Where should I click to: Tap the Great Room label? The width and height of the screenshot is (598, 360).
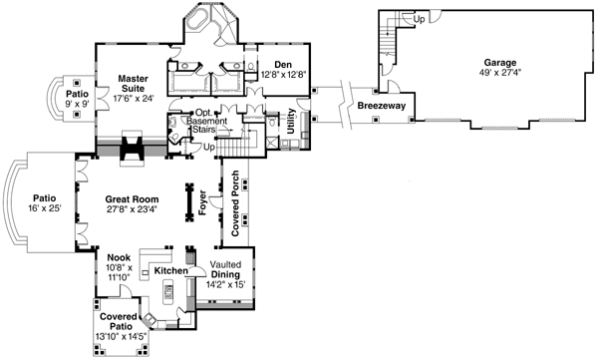[133, 198]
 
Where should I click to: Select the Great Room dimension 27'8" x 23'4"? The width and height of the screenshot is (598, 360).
[133, 210]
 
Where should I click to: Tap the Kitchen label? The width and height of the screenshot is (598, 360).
[170, 270]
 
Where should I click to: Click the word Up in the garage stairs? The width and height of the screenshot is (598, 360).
[419, 19]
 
